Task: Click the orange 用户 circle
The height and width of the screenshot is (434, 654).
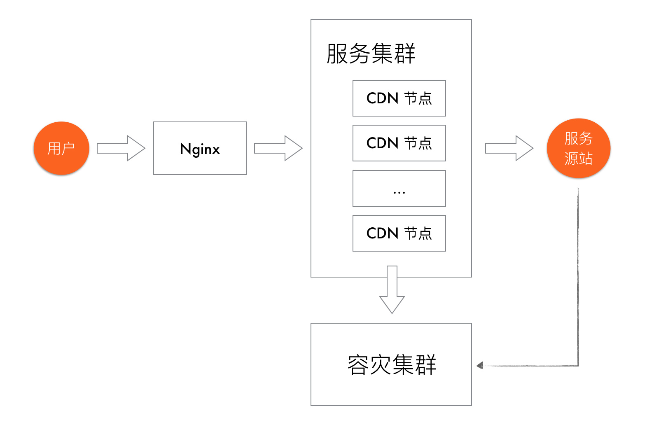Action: point(61,148)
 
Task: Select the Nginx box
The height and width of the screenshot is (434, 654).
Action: point(200,148)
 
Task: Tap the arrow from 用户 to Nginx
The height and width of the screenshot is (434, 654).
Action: point(121,148)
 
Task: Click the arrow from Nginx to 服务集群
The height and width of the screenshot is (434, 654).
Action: point(278,148)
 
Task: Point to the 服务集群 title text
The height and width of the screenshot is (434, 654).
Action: point(371,54)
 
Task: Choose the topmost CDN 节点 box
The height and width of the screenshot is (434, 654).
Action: point(399,98)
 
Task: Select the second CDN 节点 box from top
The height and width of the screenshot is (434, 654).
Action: point(399,143)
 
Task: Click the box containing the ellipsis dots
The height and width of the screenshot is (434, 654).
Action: point(399,188)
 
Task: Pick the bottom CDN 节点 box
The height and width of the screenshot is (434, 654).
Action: point(399,233)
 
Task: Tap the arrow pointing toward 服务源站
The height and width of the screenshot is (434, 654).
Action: point(509,148)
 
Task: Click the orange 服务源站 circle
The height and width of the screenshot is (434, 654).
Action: point(579,148)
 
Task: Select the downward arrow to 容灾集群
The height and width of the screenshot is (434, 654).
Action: point(392,290)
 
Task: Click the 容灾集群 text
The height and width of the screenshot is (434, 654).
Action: point(392,364)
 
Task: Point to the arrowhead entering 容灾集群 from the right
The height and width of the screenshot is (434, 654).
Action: point(480,365)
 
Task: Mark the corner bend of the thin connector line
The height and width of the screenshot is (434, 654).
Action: point(578,365)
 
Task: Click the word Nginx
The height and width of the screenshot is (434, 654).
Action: point(200,149)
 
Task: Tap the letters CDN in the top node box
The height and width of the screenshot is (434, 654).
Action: point(382,98)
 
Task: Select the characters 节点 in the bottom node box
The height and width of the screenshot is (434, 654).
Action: point(418,233)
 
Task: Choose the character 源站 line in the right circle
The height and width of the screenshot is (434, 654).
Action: point(579,159)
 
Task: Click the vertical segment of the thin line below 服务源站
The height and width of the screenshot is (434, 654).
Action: point(578,276)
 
